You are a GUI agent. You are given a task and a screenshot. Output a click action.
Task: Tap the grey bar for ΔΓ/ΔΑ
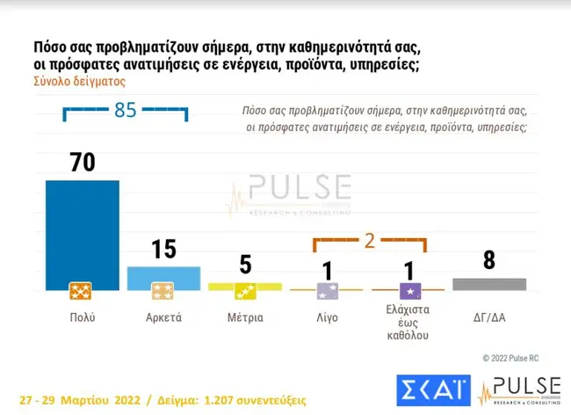[488, 284]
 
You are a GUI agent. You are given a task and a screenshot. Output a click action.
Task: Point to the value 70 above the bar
[82, 163]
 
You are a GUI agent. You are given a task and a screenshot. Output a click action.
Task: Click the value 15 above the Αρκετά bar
[163, 249]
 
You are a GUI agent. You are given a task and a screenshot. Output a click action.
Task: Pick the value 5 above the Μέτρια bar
[245, 265]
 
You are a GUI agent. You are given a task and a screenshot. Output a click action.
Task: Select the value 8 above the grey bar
[488, 260]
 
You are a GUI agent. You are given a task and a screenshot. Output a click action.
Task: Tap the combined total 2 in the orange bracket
[370, 241]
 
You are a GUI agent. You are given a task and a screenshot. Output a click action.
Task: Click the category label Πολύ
[82, 317]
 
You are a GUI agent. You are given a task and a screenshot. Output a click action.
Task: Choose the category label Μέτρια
[245, 317]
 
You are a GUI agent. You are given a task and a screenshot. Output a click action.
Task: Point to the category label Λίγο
[327, 317]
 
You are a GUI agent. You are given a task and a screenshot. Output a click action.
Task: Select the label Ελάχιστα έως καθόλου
[408, 323]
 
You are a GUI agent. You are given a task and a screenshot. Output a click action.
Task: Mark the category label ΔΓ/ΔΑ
[488, 317]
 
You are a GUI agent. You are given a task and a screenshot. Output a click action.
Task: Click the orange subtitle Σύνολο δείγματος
[80, 80]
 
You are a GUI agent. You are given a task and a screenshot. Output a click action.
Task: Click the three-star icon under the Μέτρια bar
[245, 290]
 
